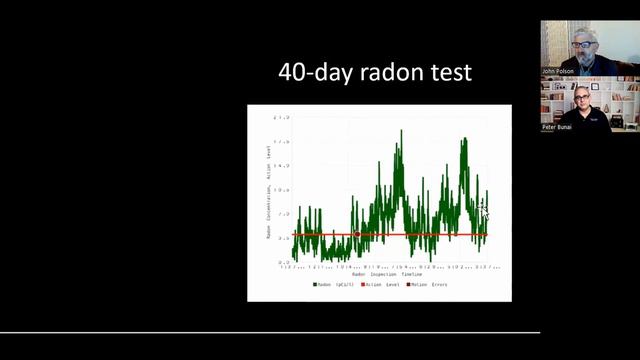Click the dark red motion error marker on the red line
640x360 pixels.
[357, 234]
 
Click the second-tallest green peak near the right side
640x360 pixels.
[465, 140]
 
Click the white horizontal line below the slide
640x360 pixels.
[270, 332]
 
